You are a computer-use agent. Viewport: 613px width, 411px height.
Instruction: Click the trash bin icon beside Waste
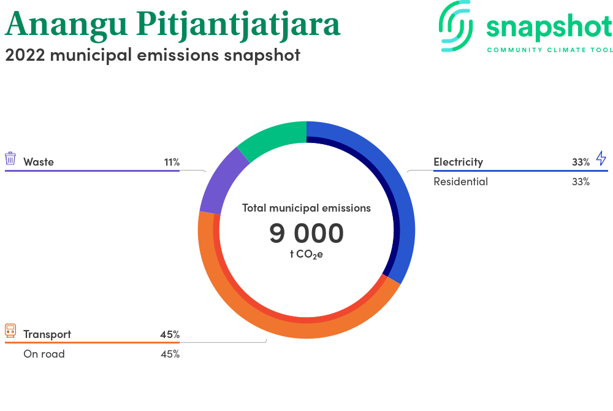tap(10, 158)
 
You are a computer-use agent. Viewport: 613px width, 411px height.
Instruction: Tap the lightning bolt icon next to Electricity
tap(601, 158)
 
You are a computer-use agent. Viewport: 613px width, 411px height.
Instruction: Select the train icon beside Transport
tap(10, 331)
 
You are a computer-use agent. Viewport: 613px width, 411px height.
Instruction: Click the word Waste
tap(38, 162)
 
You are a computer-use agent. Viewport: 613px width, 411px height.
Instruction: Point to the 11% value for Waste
tap(172, 162)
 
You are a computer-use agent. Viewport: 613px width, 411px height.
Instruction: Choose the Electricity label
tap(458, 162)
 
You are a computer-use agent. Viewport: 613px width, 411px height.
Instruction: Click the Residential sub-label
tap(460, 182)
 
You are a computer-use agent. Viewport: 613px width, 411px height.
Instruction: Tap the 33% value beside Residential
tap(581, 182)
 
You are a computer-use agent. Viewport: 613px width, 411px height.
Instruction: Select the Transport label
tap(47, 334)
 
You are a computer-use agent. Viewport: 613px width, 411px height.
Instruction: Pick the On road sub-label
tap(44, 354)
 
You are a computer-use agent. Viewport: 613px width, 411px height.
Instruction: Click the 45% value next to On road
tap(170, 354)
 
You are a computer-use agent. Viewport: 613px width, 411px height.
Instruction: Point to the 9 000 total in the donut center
tap(306, 233)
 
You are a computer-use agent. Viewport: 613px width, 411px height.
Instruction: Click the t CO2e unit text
tap(306, 254)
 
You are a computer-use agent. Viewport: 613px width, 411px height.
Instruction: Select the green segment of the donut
tap(273, 137)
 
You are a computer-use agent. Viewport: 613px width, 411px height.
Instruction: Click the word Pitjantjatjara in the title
tap(238, 25)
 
